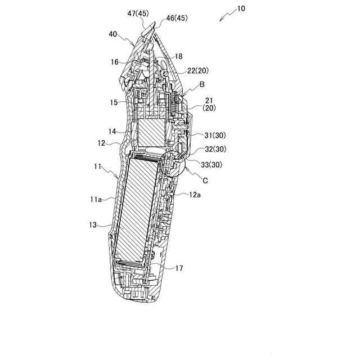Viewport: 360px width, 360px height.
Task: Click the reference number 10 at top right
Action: pyautogui.click(x=241, y=9)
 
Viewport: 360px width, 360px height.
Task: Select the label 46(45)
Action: pyautogui.click(x=176, y=19)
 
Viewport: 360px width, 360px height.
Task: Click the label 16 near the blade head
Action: pyautogui.click(x=114, y=62)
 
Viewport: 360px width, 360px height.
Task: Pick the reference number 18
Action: pyautogui.click(x=178, y=57)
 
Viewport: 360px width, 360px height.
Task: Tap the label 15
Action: pyautogui.click(x=114, y=102)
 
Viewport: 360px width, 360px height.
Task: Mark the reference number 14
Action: pyautogui.click(x=112, y=132)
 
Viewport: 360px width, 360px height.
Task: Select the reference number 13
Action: pyautogui.click(x=93, y=224)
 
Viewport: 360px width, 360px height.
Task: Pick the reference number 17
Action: pyautogui.click(x=178, y=268)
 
